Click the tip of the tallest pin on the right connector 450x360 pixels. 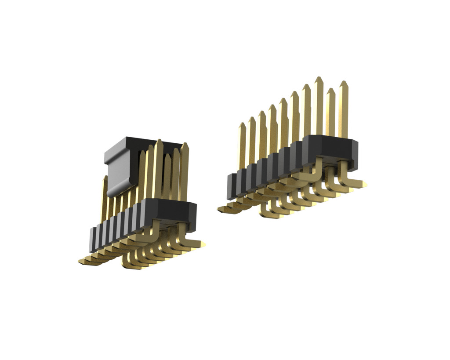click(319, 78)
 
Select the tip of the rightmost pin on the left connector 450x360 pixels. click(185, 144)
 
